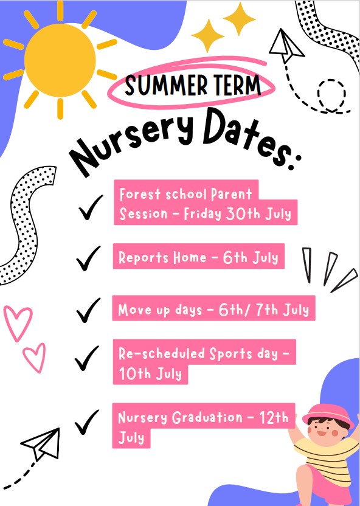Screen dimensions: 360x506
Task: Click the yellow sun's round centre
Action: pyautogui.click(x=60, y=60)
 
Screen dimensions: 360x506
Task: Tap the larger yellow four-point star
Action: pyautogui.click(x=240, y=19)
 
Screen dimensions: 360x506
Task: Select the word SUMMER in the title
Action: pyautogui.click(x=166, y=85)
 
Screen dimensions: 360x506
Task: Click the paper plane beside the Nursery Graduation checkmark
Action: pyautogui.click(x=42, y=444)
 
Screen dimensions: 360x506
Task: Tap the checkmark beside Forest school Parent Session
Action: pyautogui.click(x=91, y=207)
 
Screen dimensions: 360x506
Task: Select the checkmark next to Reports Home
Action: pyautogui.click(x=88, y=258)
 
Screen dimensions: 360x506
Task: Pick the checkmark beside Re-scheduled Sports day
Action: pyautogui.click(x=86, y=358)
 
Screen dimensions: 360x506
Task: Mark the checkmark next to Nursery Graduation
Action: pyautogui.click(x=86, y=422)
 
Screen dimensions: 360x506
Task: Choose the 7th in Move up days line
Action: pyautogui.click(x=266, y=310)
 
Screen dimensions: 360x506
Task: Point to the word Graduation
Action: pyautogui.click(x=207, y=418)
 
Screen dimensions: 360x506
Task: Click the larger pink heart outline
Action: pyautogui.click(x=18, y=324)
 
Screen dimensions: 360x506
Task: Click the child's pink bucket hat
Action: pyautogui.click(x=328, y=415)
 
